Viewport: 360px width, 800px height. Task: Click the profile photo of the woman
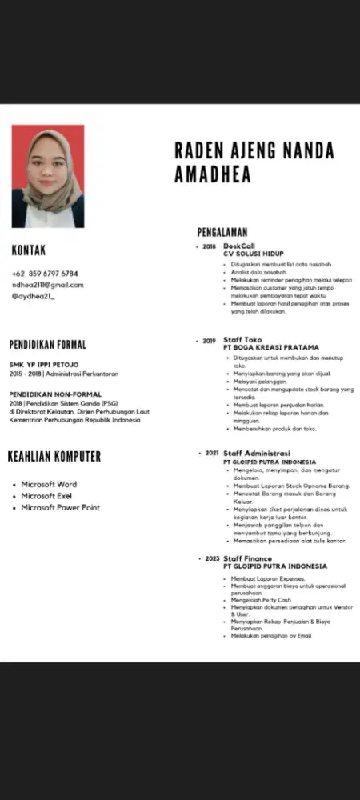(x=47, y=177)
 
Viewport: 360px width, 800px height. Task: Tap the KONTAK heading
(x=29, y=250)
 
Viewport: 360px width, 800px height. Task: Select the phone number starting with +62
(x=45, y=274)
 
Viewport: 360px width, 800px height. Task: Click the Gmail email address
(x=47, y=285)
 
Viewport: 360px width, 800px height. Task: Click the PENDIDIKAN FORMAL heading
(x=47, y=345)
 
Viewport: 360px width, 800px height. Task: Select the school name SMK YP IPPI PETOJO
(x=43, y=365)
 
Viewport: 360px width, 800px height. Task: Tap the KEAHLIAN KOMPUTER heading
(x=54, y=457)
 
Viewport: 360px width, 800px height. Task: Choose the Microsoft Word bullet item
(x=49, y=484)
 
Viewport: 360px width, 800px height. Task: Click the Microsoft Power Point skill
(x=60, y=507)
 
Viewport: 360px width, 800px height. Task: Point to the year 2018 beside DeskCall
(x=210, y=246)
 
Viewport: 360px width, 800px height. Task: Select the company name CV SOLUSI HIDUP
(x=254, y=254)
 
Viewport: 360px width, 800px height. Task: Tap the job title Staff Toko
(x=242, y=340)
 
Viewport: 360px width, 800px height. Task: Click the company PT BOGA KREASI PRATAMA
(x=271, y=348)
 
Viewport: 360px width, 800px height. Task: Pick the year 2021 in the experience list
(x=212, y=453)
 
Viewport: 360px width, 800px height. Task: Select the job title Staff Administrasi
(x=256, y=453)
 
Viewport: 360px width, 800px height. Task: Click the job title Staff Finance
(x=247, y=558)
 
